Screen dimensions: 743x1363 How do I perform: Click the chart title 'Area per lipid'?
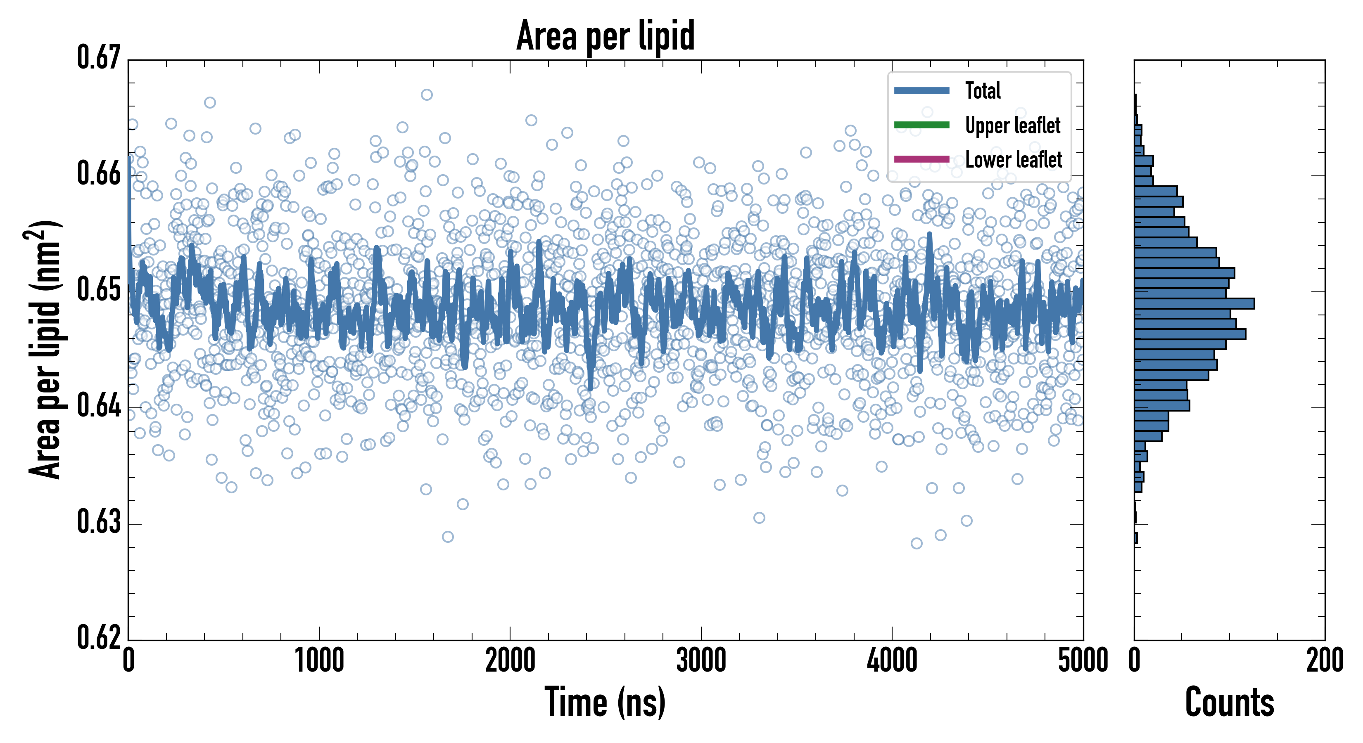click(x=606, y=35)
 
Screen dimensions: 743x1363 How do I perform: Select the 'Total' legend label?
click(x=983, y=90)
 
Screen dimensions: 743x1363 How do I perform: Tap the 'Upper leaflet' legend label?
click(x=1012, y=125)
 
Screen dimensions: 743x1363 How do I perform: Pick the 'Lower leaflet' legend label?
click(x=1013, y=160)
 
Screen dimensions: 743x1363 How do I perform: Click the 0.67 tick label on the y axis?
click(x=99, y=58)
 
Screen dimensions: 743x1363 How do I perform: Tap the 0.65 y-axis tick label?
click(x=99, y=290)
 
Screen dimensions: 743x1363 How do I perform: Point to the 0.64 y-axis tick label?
click(x=99, y=406)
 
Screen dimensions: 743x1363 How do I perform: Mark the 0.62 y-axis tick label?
click(x=99, y=637)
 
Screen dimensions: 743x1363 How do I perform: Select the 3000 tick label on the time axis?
click(x=701, y=660)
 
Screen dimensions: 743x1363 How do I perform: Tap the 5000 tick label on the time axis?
click(x=1083, y=660)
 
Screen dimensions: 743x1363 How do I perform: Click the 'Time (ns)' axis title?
click(x=606, y=702)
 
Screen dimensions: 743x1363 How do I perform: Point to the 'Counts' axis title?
click(x=1229, y=702)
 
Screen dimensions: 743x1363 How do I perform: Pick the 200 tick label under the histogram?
click(x=1324, y=660)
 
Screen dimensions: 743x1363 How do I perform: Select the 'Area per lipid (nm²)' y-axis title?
click(x=45, y=349)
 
